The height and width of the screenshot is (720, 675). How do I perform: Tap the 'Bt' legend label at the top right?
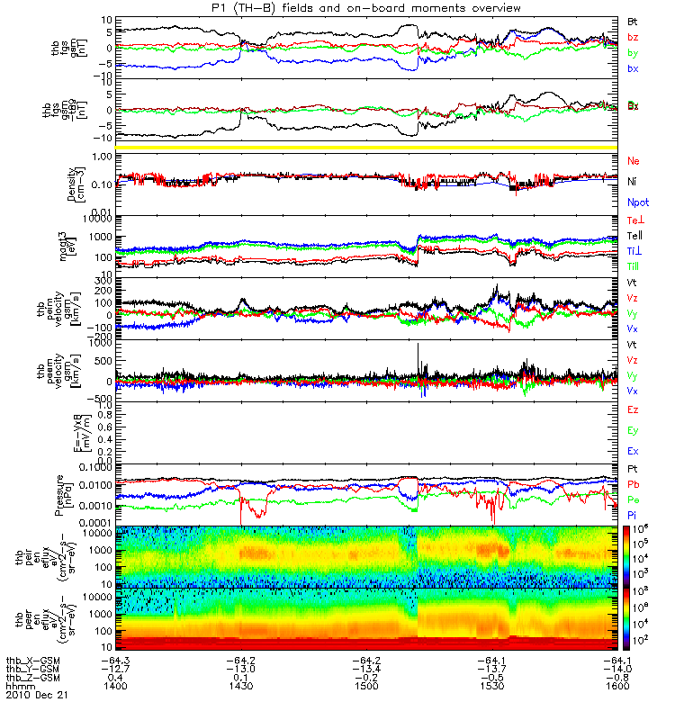point(634,20)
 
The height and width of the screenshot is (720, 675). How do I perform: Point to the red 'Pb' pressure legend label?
point(634,484)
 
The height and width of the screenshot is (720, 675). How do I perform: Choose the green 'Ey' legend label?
point(634,429)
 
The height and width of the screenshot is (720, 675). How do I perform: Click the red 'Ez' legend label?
point(634,409)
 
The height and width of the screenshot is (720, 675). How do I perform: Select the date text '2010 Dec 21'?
point(37,696)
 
